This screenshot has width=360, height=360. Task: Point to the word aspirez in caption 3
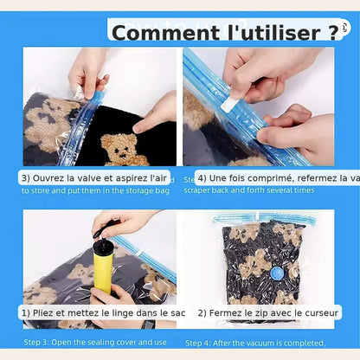(x=135, y=177)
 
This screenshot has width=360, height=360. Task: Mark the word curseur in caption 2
(x=318, y=312)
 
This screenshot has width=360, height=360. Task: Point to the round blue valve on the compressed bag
(x=277, y=273)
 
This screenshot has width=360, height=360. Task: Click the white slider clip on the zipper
(x=229, y=103)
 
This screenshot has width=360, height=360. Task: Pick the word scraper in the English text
(x=201, y=190)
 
